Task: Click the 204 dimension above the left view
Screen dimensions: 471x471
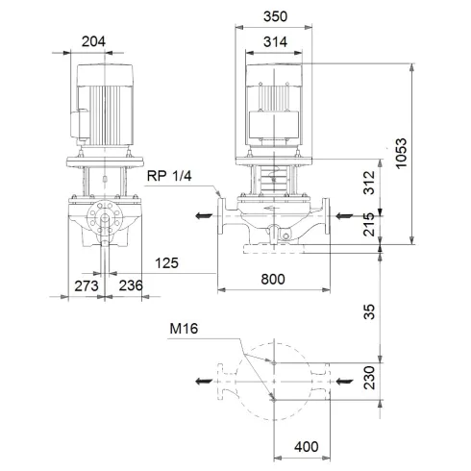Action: tap(93, 41)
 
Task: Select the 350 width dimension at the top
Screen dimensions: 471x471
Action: tap(279, 16)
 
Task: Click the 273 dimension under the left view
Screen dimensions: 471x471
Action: tap(87, 285)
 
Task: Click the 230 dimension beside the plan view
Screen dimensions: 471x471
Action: tap(369, 382)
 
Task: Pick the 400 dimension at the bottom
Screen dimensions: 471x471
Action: tap(307, 448)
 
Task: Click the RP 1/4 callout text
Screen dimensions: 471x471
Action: tap(169, 175)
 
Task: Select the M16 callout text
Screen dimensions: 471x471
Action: tap(185, 329)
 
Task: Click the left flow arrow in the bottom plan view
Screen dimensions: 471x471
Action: tap(202, 383)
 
